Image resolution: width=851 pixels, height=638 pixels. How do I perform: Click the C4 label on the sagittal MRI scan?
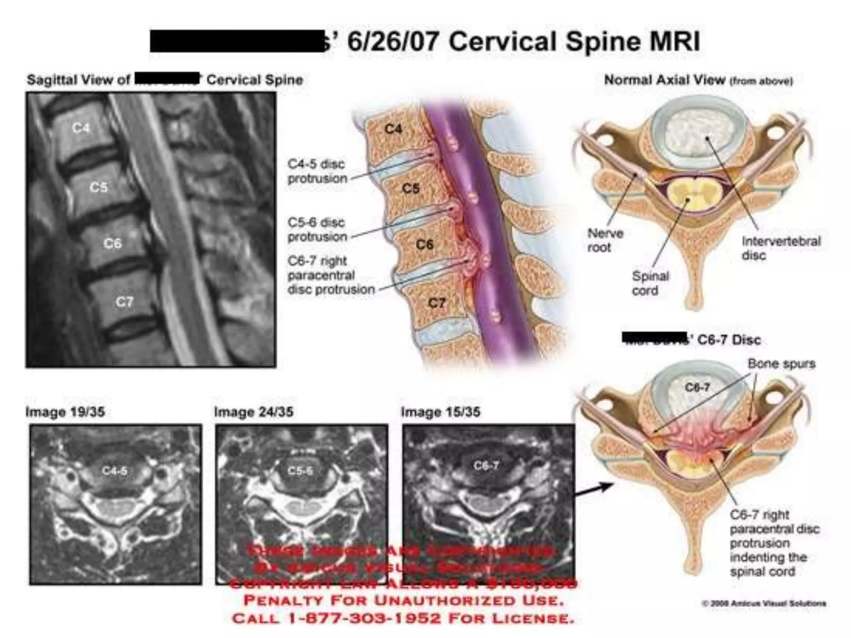point(81,128)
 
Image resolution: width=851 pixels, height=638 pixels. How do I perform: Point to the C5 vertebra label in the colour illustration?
point(411,189)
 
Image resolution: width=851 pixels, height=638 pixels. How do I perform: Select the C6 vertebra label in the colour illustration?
point(425,244)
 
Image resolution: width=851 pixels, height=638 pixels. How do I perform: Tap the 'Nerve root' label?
point(605,240)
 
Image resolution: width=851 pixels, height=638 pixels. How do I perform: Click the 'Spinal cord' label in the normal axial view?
point(650,283)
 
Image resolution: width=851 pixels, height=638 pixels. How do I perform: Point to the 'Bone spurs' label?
point(781,364)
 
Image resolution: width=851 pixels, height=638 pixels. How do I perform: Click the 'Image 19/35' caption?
point(65,412)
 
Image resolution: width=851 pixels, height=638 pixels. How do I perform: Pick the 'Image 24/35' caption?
point(253,412)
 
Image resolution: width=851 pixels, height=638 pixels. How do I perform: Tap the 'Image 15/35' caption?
point(440,412)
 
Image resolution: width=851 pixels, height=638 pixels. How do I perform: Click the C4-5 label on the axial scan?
point(115,471)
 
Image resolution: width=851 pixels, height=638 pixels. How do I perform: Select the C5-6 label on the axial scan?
point(300,471)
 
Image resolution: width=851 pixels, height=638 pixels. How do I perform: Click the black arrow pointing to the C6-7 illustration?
point(594,489)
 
